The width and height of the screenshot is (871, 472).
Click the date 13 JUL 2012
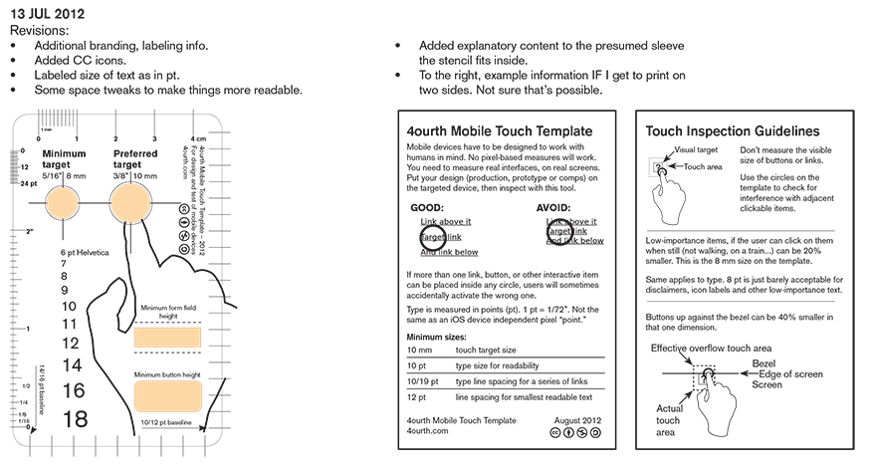click(x=49, y=14)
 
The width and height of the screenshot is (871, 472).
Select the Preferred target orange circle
click(x=132, y=203)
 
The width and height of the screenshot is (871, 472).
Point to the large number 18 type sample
click(x=75, y=419)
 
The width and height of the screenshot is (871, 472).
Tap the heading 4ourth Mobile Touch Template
click(x=500, y=131)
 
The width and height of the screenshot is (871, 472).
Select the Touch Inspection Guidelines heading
click(x=733, y=131)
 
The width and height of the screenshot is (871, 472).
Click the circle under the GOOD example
click(x=433, y=237)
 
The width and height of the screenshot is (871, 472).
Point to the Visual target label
click(x=698, y=149)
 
